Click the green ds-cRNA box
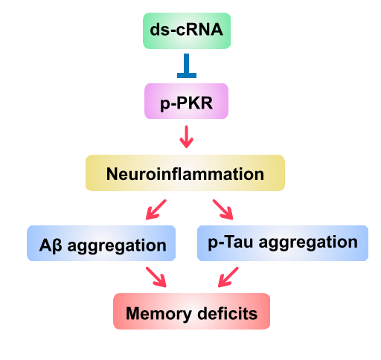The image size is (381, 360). [187, 30]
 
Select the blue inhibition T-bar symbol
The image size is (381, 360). [187, 65]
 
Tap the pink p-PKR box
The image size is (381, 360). [186, 101]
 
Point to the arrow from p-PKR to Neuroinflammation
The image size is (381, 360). [187, 137]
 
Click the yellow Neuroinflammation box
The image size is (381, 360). [185, 173]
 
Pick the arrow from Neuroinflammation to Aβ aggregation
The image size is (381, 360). [156, 210]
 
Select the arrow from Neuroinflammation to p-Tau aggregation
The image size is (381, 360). [223, 210]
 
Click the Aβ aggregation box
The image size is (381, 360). [101, 243]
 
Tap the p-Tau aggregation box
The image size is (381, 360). [283, 243]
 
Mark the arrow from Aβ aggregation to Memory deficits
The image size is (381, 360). [156, 277]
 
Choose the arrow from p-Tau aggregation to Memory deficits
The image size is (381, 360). [228, 277]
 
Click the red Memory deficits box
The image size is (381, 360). [191, 312]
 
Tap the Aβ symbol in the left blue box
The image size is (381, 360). [51, 246]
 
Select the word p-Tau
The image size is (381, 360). [231, 242]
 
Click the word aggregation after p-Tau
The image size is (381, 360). [308, 242]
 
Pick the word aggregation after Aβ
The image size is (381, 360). [117, 246]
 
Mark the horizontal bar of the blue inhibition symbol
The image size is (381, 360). [187, 76]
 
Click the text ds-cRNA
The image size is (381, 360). [187, 30]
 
